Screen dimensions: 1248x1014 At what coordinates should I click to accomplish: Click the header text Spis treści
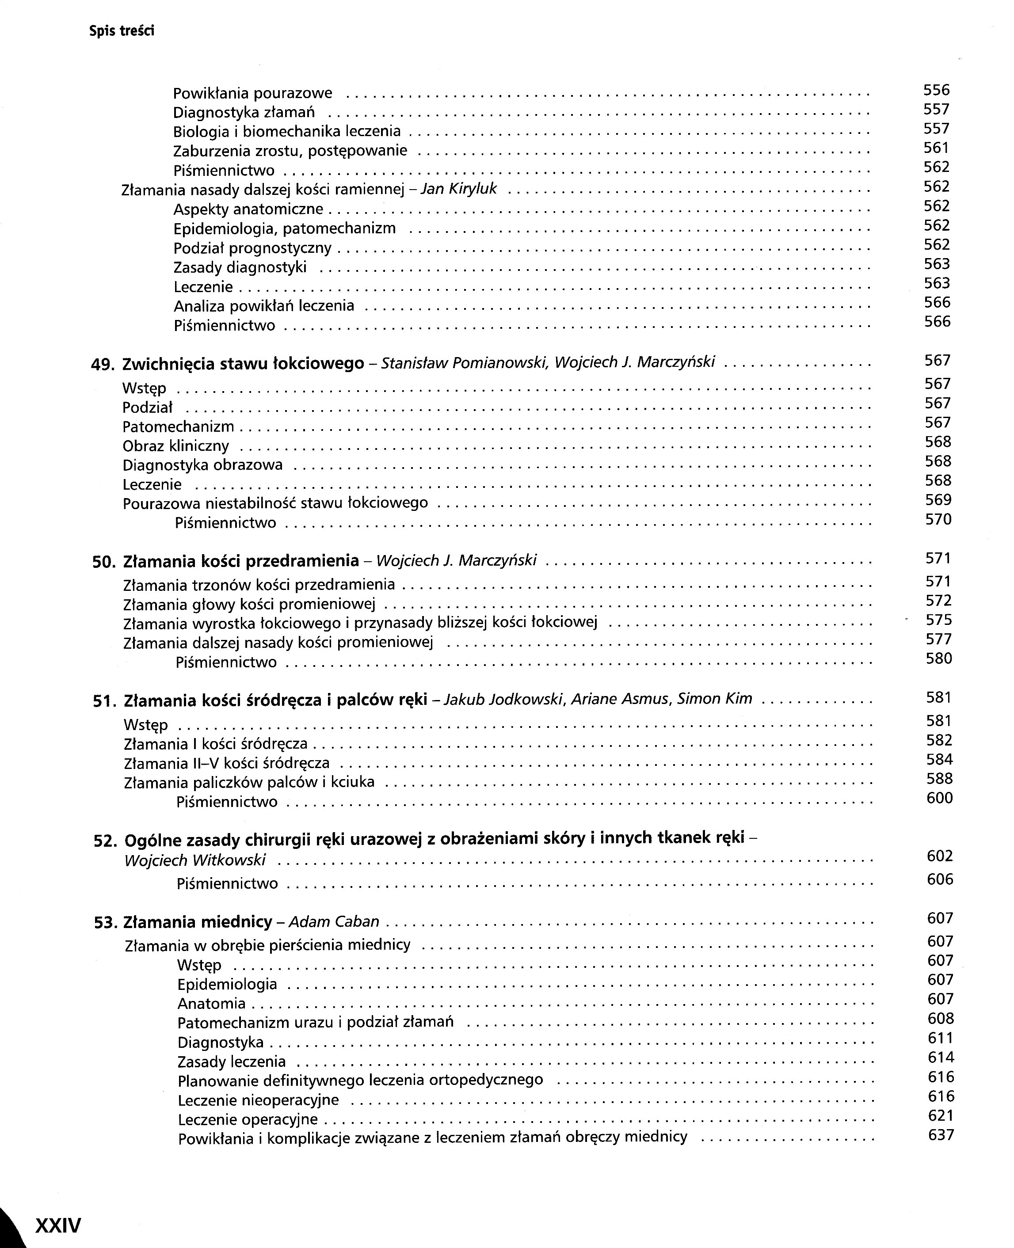pyautogui.click(x=122, y=31)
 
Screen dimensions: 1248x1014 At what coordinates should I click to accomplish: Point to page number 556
pyautogui.click(x=936, y=90)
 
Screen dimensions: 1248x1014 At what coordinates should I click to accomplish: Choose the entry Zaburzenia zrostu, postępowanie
pyautogui.click(x=290, y=151)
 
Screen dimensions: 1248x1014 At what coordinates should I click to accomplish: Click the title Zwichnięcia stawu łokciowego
pyautogui.click(x=243, y=364)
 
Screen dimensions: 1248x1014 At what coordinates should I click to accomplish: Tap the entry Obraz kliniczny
pyautogui.click(x=175, y=446)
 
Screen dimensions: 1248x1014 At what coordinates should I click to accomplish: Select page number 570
pyautogui.click(x=938, y=519)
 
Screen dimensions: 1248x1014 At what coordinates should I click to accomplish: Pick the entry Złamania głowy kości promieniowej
pyautogui.click(x=249, y=604)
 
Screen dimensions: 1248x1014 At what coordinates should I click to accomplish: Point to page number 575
pyautogui.click(x=939, y=620)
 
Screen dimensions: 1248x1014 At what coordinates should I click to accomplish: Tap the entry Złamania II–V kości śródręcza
pyautogui.click(x=227, y=763)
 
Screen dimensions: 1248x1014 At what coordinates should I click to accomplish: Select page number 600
pyautogui.click(x=939, y=798)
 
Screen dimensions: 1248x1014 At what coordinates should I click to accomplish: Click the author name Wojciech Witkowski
pyautogui.click(x=195, y=860)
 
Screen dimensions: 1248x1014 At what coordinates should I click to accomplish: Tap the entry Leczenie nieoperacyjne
pyautogui.click(x=258, y=1100)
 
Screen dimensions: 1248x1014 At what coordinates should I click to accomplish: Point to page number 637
pyautogui.click(x=941, y=1135)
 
